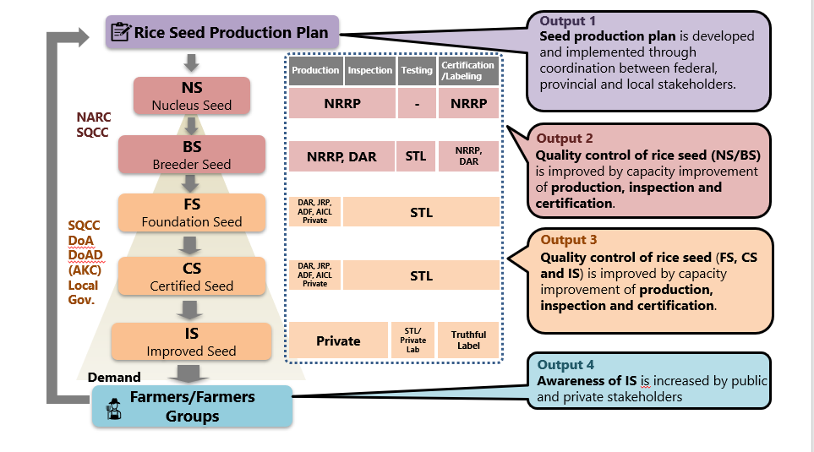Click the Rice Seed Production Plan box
click(222, 33)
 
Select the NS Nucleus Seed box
click(192, 95)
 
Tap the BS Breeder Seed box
click(192, 155)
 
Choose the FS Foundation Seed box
click(192, 212)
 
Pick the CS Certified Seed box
click(192, 276)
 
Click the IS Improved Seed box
click(192, 341)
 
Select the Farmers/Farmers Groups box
click(192, 406)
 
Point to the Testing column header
click(417, 71)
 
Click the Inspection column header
click(370, 71)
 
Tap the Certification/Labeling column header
click(468, 71)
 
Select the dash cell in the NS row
click(417, 104)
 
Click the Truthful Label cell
click(468, 340)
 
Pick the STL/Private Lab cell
click(413, 340)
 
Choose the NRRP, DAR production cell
click(341, 156)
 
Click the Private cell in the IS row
click(338, 340)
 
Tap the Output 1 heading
click(568, 20)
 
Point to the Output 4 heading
click(565, 365)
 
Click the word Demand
click(114, 377)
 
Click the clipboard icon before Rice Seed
click(121, 33)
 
